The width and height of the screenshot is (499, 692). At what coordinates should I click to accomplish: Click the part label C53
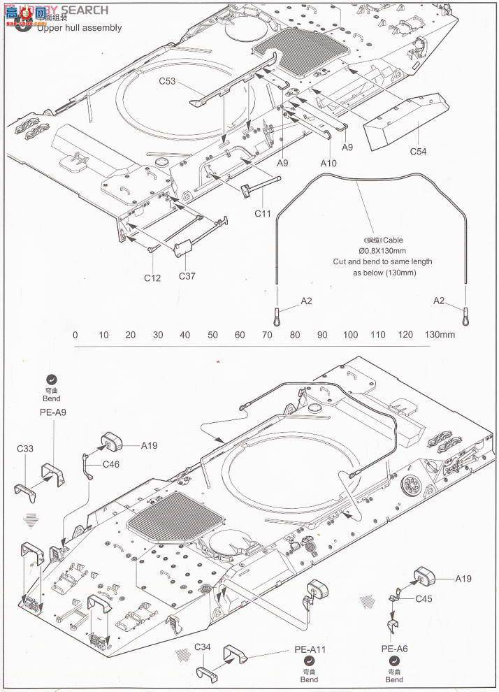(167, 81)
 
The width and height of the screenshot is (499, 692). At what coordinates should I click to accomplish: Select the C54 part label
(418, 151)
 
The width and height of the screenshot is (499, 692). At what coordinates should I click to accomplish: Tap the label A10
(328, 162)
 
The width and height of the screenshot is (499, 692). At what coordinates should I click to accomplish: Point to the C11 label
(262, 212)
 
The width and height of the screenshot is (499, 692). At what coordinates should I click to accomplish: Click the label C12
(152, 277)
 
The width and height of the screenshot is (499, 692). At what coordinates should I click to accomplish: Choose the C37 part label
(187, 275)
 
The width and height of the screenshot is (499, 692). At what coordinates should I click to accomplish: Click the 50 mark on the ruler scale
(212, 335)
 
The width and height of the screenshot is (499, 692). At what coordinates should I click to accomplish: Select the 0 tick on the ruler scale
(75, 335)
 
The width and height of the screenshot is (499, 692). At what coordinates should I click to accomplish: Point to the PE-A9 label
(52, 412)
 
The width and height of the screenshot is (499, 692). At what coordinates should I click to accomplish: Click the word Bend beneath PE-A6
(394, 679)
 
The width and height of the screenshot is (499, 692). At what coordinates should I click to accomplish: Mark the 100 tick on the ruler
(350, 335)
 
